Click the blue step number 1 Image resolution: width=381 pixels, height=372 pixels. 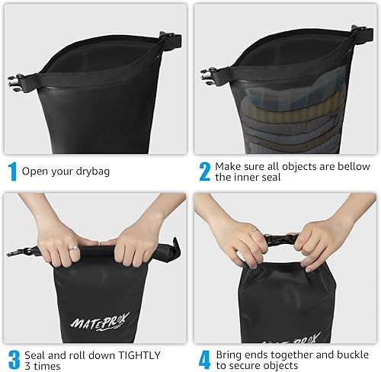click(x=11, y=172)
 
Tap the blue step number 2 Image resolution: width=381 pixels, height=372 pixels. click(x=203, y=172)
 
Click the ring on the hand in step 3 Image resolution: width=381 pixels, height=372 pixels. click(x=73, y=248)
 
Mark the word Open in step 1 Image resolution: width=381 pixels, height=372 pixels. click(x=34, y=172)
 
